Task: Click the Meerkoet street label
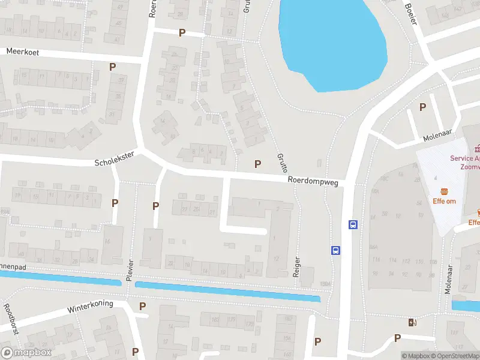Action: pos(23,52)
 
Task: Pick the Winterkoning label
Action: pos(90,306)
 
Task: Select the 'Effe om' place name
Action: pos(444,201)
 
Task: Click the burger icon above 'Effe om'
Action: pos(445,191)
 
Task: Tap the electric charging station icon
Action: pos(412,323)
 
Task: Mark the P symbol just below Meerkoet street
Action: pos(112,67)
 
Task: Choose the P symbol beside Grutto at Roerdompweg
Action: pos(258,164)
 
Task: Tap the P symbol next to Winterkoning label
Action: pos(142,306)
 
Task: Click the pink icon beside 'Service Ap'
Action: pos(477,148)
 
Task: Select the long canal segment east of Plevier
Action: pos(228,291)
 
